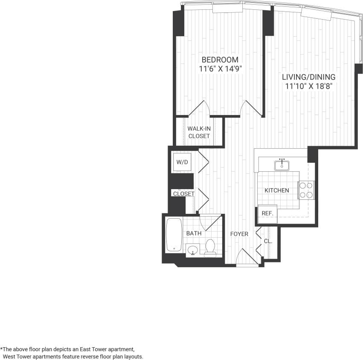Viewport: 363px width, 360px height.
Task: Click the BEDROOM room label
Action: tap(220, 60)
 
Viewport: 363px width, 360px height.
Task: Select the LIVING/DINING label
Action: tap(308, 77)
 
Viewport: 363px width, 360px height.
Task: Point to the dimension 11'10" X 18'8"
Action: tap(308, 86)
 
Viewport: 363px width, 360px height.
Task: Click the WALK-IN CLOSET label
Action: tap(199, 132)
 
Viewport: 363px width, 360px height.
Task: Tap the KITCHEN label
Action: tap(277, 190)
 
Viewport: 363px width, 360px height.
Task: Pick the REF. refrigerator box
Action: tap(267, 213)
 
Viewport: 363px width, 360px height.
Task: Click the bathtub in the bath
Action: tap(174, 235)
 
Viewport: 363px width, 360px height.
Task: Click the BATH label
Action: tap(194, 233)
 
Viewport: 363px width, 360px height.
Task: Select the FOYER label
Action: tap(239, 234)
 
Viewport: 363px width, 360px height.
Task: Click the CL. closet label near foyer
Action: tap(267, 241)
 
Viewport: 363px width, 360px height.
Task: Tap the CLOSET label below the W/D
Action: tap(183, 194)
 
